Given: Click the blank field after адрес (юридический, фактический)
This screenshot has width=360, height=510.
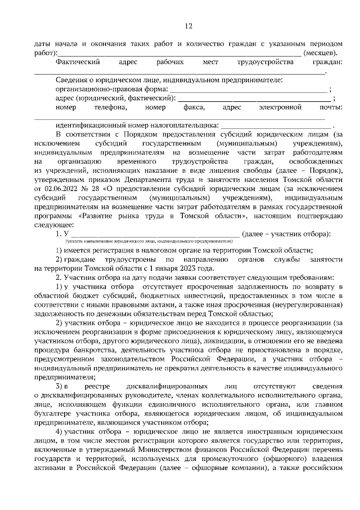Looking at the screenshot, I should tap(253, 98).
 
